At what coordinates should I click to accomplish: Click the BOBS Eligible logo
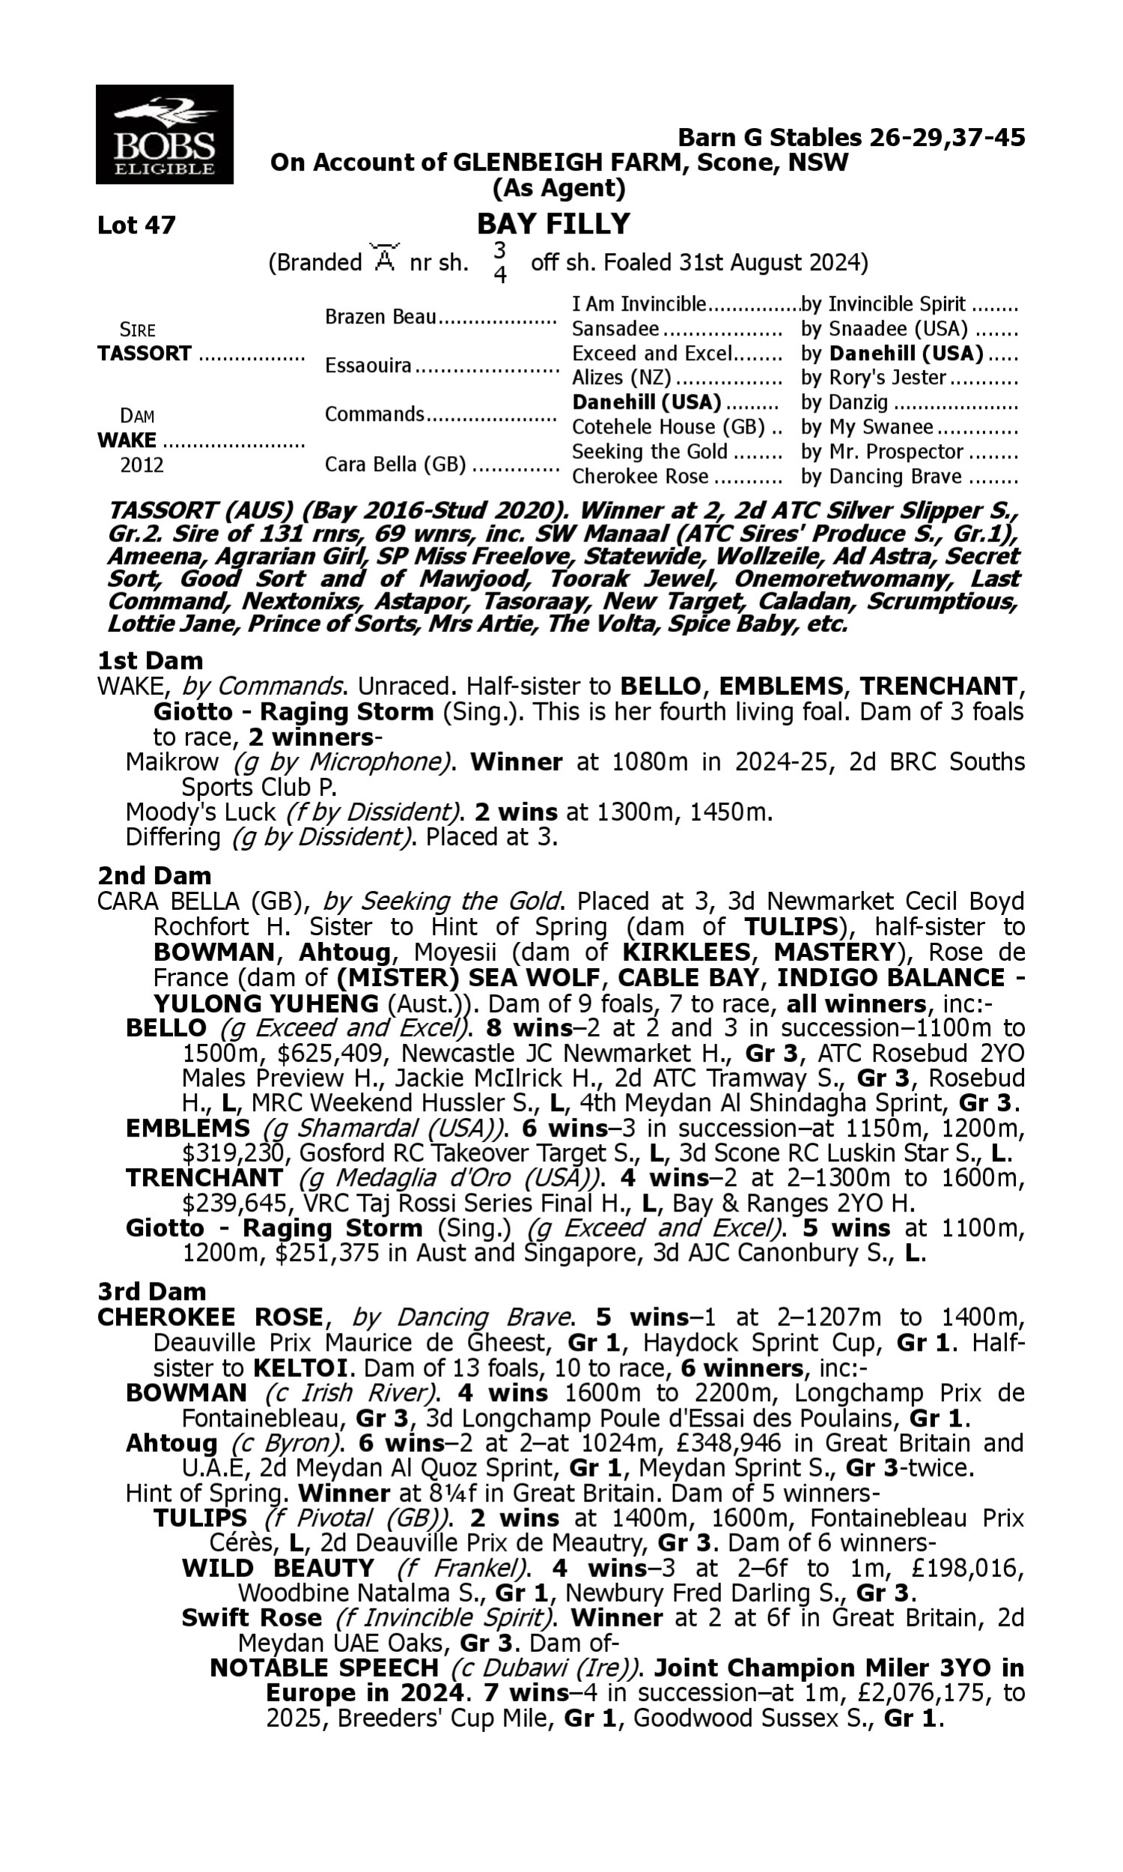(x=164, y=135)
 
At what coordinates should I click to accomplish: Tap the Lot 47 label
(x=136, y=225)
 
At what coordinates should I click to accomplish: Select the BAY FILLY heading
(x=553, y=224)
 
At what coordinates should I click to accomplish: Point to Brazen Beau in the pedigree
(x=380, y=316)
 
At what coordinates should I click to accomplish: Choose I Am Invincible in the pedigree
(x=639, y=304)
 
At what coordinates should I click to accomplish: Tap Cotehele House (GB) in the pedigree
(x=669, y=427)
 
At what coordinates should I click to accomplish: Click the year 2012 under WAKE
(x=141, y=464)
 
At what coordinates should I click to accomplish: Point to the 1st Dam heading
(x=150, y=660)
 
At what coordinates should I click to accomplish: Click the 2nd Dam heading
(x=153, y=875)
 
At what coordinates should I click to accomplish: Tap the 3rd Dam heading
(x=151, y=1291)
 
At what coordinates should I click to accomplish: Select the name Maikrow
(x=171, y=762)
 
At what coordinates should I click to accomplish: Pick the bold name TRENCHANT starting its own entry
(x=204, y=1178)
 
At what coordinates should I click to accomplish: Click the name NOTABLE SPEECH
(x=324, y=1668)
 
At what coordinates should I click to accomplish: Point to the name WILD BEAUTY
(x=278, y=1568)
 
